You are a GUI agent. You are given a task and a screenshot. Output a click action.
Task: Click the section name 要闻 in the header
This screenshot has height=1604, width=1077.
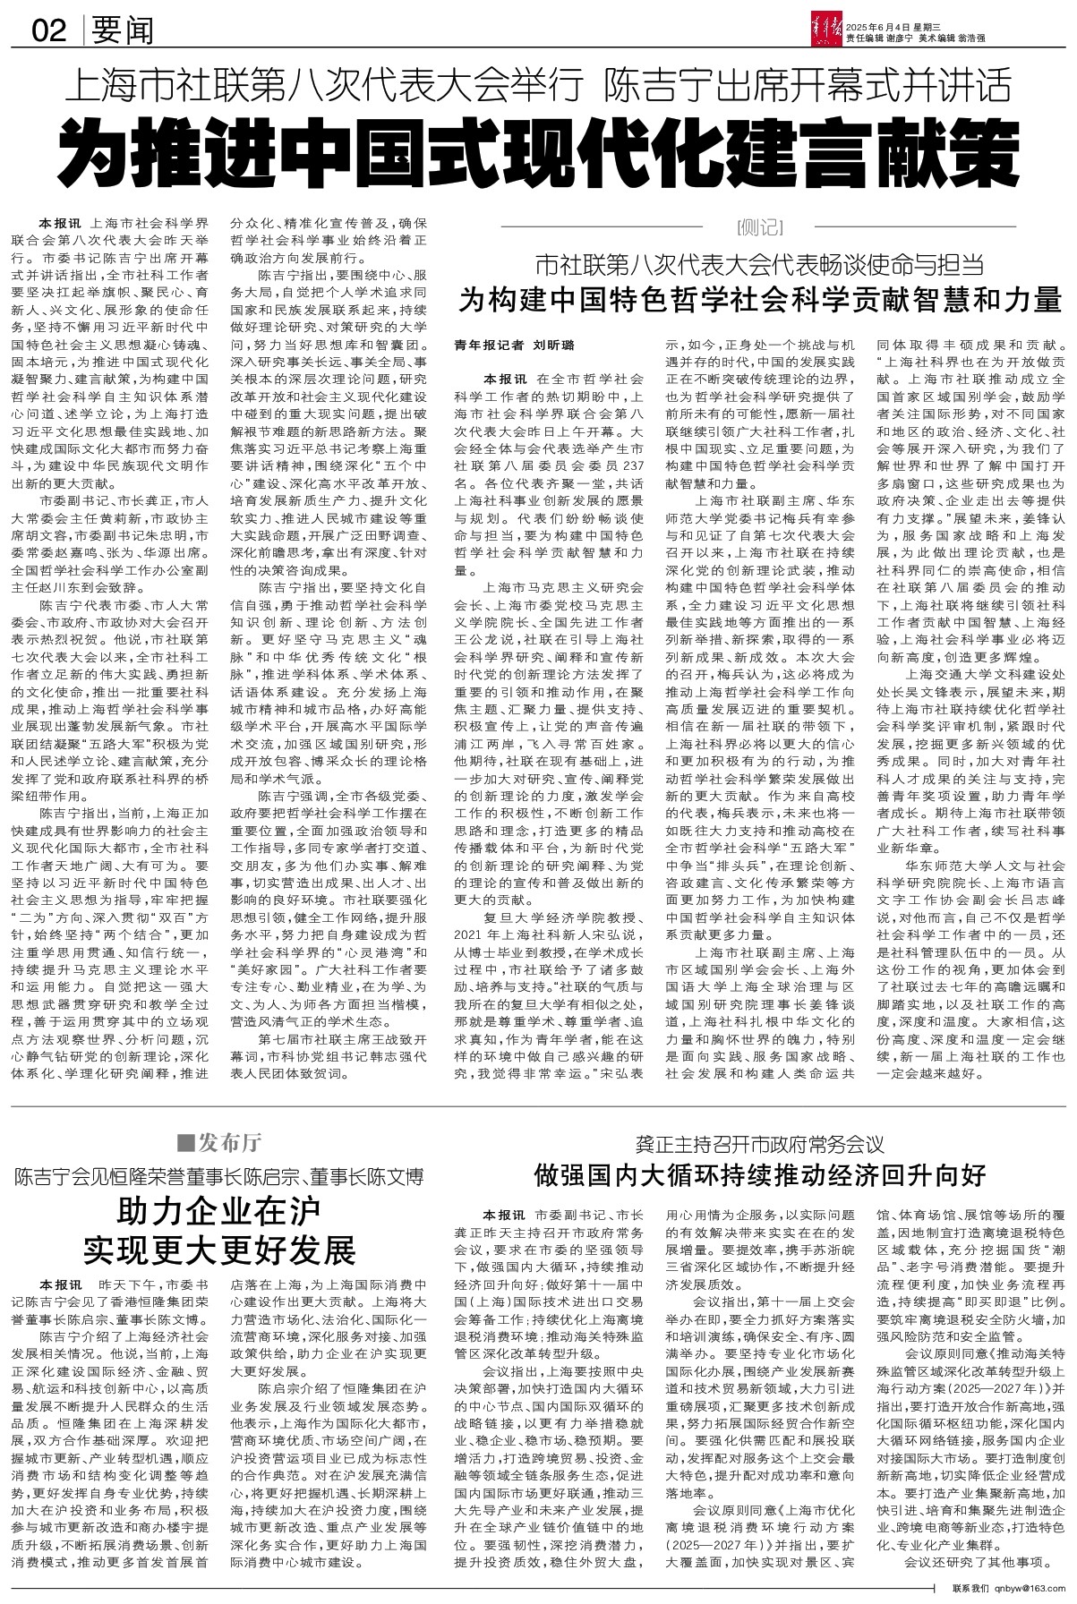point(122,31)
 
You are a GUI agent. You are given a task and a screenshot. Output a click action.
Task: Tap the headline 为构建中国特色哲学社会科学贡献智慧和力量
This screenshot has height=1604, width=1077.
point(760,299)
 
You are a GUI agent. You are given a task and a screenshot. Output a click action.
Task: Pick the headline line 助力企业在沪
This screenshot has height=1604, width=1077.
point(218,1213)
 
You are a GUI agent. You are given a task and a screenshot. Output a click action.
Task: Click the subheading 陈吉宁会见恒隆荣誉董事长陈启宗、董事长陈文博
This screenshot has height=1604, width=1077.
point(218,1176)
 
